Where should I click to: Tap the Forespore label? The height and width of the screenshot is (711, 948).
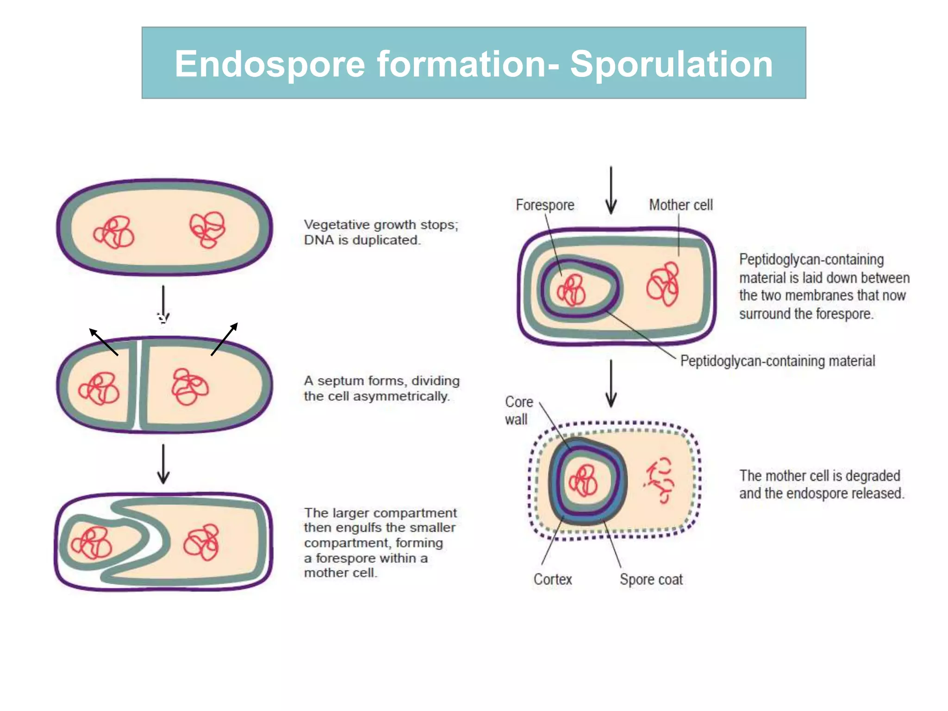[x=545, y=205]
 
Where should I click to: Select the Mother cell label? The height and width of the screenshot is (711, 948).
[x=680, y=205]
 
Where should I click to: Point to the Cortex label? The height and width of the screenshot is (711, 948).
[x=552, y=579]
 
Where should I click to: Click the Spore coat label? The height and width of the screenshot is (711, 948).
[x=651, y=579]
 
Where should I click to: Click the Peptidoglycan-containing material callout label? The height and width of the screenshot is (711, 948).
[x=777, y=361]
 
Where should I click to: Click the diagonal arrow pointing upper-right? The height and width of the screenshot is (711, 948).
[x=225, y=339]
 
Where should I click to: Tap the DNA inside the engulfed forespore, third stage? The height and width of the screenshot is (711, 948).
[x=92, y=543]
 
